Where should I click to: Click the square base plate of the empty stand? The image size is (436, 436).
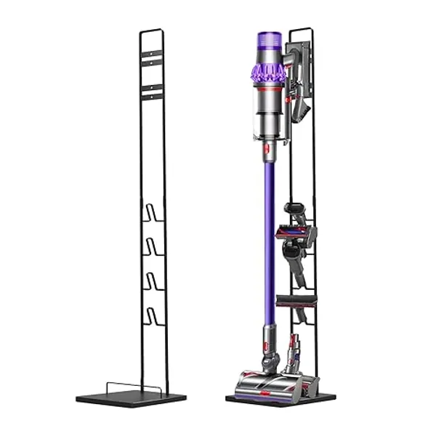(x=131, y=398)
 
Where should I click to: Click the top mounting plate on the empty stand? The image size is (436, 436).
(x=151, y=57)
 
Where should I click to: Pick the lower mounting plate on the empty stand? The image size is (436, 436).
(x=151, y=90)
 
